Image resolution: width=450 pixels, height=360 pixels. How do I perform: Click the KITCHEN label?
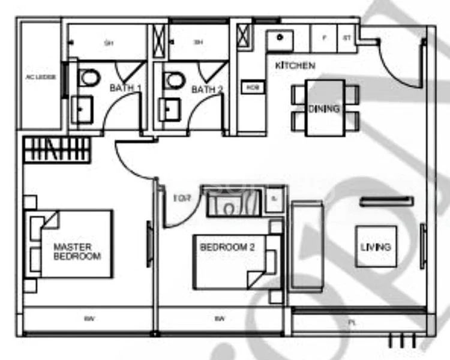(x=295, y=65)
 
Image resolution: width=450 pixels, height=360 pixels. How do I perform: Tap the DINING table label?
(x=324, y=109)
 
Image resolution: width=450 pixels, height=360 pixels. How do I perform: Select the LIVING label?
(x=376, y=247)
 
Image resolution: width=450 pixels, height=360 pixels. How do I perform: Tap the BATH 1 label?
(x=125, y=89)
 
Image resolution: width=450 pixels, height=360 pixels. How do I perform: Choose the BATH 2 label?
(x=207, y=89)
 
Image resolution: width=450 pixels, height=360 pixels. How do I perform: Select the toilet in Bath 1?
(x=89, y=77)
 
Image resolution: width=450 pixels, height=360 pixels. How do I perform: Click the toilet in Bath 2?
(x=174, y=79)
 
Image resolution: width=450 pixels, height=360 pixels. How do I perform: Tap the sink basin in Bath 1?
(x=82, y=110)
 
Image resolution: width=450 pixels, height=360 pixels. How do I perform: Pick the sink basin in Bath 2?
(x=169, y=110)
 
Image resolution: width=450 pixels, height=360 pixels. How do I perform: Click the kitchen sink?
(x=280, y=38)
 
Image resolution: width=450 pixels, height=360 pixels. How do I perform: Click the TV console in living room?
(x=386, y=202)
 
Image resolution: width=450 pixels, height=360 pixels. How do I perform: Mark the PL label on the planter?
(x=351, y=322)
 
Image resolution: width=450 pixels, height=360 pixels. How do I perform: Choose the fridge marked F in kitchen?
(x=325, y=38)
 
